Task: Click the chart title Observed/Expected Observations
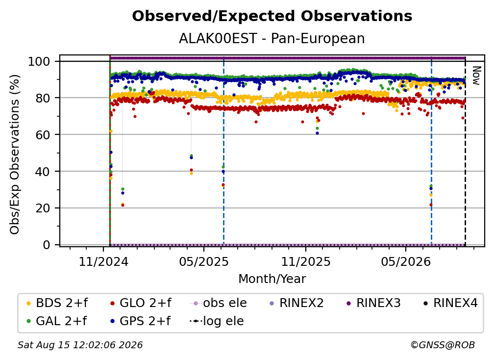pyautogui.click(x=272, y=16)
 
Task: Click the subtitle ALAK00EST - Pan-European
pyautogui.click(x=272, y=38)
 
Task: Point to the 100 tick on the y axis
pyautogui.click(x=39, y=61)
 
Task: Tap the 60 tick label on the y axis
pyautogui.click(x=43, y=135)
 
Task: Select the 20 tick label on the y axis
pyautogui.click(x=43, y=208)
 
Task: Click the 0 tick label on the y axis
pyautogui.click(x=47, y=245)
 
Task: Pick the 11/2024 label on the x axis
pyautogui.click(x=103, y=262)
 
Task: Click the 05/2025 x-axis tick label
pyautogui.click(x=204, y=262)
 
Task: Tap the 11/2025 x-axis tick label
pyautogui.click(x=306, y=262)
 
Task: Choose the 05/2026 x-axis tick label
pyautogui.click(x=406, y=262)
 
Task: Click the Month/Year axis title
pyautogui.click(x=272, y=279)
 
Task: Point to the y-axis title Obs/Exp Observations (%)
pyautogui.click(x=15, y=154)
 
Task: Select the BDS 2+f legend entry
pyautogui.click(x=57, y=303)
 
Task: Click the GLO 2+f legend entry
pyautogui.click(x=141, y=303)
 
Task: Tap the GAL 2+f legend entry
pyautogui.click(x=56, y=321)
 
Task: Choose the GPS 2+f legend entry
pyautogui.click(x=140, y=321)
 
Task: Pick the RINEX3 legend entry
pyautogui.click(x=373, y=303)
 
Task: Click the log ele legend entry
pyautogui.click(x=217, y=321)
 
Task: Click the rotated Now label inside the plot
pyautogui.click(x=476, y=76)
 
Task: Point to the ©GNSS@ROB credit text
pyautogui.click(x=443, y=345)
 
